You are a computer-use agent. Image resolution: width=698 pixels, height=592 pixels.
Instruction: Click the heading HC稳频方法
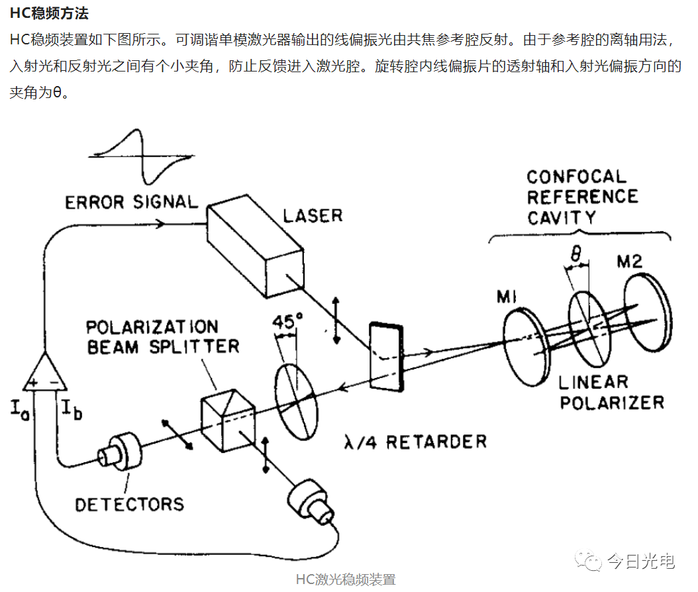coord(50,13)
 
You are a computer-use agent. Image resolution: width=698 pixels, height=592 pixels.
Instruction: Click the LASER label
coord(313,215)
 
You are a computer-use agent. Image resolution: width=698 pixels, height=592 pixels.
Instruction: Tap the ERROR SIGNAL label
coord(131,201)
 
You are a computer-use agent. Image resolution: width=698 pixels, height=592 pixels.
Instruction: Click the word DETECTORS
coord(129,504)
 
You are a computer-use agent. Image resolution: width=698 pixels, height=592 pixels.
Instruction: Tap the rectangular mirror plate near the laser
coord(386,356)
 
